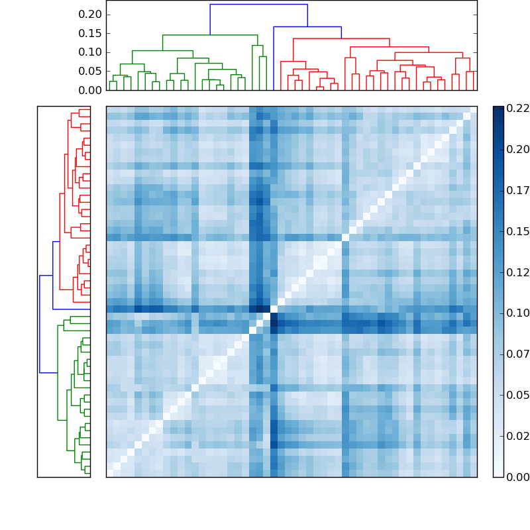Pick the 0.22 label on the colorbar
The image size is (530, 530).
pyautogui.click(x=517, y=108)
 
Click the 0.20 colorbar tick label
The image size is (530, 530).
pyautogui.click(x=517, y=149)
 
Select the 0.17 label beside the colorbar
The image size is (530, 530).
pyautogui.click(x=517, y=190)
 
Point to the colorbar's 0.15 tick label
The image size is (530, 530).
pyautogui.click(x=517, y=231)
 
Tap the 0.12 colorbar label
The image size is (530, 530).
pyautogui.click(x=517, y=272)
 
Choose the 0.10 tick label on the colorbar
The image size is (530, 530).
pyautogui.click(x=517, y=313)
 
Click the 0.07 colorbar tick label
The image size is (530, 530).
pyautogui.click(x=517, y=354)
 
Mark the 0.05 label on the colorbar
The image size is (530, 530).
pyautogui.click(x=517, y=396)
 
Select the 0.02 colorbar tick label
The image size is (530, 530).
pyautogui.click(x=517, y=436)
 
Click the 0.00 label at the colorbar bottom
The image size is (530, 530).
pyautogui.click(x=517, y=477)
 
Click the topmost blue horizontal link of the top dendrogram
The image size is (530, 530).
pyautogui.click(x=258, y=5)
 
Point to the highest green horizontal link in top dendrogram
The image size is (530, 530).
pyautogui.click(x=210, y=35)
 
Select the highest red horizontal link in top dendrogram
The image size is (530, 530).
pyautogui.click(x=341, y=38)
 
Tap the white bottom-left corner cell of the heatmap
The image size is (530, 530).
pyautogui.click(x=109, y=473)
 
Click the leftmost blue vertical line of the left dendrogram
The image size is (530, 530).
pyautogui.click(x=40, y=324)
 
